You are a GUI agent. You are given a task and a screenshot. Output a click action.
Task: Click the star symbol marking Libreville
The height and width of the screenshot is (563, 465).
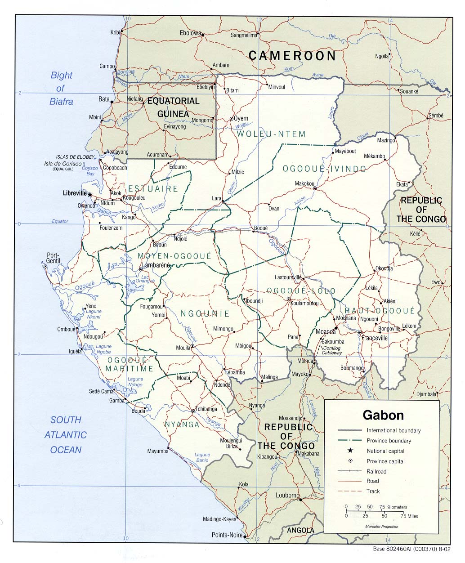pyautogui.click(x=90, y=195)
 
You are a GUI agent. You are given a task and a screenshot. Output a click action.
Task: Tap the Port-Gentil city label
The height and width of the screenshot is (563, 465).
pyautogui.click(x=53, y=258)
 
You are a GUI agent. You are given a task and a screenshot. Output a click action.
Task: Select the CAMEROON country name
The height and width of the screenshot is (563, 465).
pyautogui.click(x=292, y=56)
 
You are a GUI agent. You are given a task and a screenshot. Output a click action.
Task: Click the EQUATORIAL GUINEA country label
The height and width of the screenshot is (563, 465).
pyautogui.click(x=173, y=107)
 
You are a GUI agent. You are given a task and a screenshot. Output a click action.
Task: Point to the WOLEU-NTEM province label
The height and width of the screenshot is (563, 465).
pyautogui.click(x=271, y=134)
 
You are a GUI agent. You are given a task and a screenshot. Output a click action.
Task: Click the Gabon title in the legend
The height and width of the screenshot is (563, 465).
pyautogui.click(x=383, y=415)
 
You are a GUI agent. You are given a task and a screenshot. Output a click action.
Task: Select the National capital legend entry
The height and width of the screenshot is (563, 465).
pyautogui.click(x=385, y=451)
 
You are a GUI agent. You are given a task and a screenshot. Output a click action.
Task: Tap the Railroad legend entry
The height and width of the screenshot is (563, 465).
pyautogui.click(x=376, y=472)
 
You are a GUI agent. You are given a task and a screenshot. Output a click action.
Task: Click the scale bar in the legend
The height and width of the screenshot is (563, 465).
pyautogui.click(x=375, y=511)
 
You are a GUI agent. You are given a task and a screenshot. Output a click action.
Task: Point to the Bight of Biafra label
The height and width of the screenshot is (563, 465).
pyautogui.click(x=61, y=89)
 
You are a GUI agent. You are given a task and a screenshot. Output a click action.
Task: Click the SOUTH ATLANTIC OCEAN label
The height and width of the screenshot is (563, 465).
pyautogui.click(x=66, y=435)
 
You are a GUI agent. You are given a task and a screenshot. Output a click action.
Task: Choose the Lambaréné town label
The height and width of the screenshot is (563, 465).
pyautogui.click(x=156, y=265)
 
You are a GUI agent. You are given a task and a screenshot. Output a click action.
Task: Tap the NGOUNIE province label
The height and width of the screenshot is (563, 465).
pyautogui.click(x=205, y=314)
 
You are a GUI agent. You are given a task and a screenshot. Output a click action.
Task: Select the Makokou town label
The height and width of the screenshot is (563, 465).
pyautogui.click(x=304, y=183)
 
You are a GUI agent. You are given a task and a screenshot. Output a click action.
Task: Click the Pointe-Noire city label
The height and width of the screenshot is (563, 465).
pyautogui.click(x=227, y=535)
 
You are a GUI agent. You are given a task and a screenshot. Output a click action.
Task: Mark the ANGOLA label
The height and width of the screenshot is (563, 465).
pyautogui.click(x=300, y=531)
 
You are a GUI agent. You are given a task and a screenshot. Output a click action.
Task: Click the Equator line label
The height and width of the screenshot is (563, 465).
pyautogui.click(x=60, y=221)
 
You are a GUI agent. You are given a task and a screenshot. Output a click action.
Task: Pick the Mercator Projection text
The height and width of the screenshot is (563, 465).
pyautogui.click(x=381, y=527)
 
